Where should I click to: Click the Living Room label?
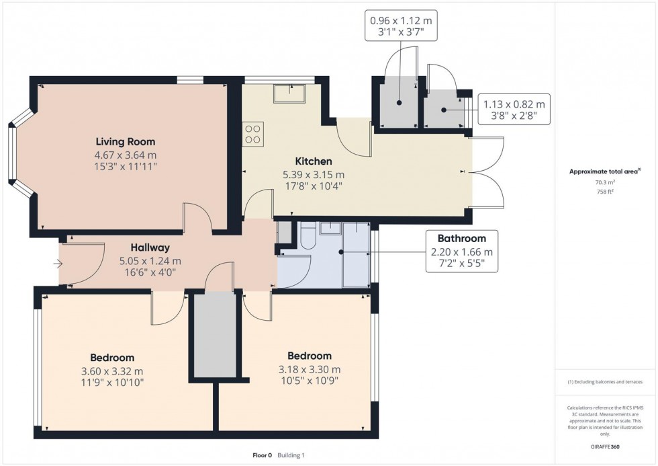click(x=125, y=142)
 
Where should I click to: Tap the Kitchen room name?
click(x=314, y=161)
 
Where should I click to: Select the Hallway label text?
click(x=150, y=247)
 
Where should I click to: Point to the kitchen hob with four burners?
click(x=254, y=134)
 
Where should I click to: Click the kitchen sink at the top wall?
click(x=289, y=93)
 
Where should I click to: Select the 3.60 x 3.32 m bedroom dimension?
click(x=112, y=371)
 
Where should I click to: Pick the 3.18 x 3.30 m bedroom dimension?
click(x=310, y=368)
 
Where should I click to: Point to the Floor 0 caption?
click(x=261, y=455)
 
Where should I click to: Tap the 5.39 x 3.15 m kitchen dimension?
click(x=314, y=174)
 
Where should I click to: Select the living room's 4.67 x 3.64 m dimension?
click(x=125, y=155)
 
